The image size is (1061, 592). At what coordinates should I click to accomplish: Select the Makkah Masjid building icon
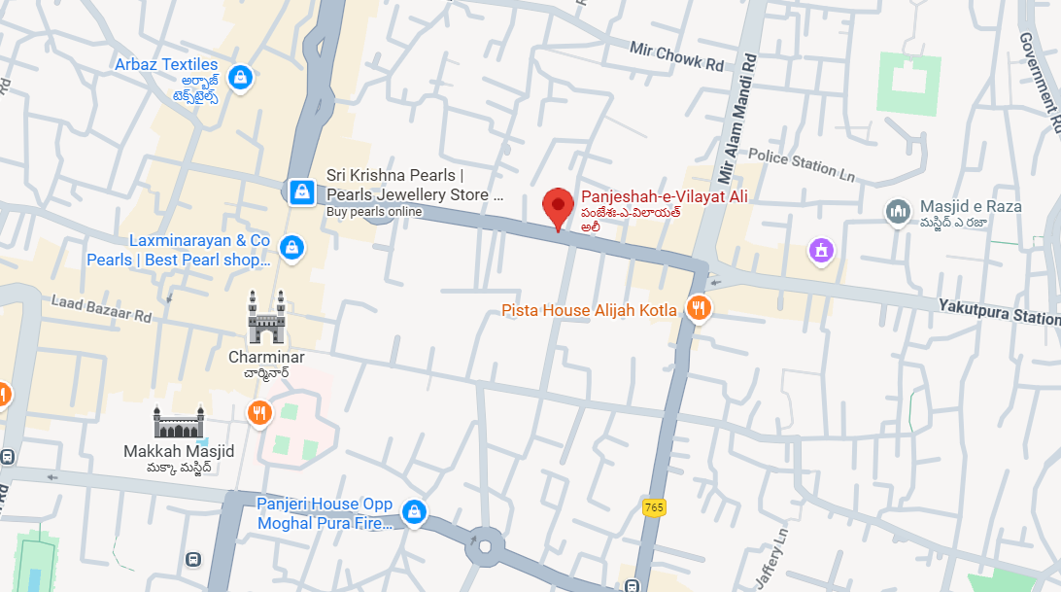(179, 422)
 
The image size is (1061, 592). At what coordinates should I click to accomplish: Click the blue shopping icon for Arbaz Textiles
(239, 77)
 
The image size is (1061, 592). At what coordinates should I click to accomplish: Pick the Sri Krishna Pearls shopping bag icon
(302, 191)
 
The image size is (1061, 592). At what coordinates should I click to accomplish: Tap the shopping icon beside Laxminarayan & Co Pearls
(291, 248)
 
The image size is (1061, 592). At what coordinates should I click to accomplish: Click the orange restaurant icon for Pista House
(698, 309)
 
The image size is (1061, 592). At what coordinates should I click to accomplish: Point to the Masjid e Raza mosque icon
(898, 211)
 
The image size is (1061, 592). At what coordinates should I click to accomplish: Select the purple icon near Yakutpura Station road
(822, 252)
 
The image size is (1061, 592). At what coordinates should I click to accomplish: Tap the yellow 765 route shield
(654, 506)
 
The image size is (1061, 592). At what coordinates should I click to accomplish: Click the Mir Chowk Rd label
(677, 56)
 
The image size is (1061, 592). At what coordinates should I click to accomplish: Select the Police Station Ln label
(802, 164)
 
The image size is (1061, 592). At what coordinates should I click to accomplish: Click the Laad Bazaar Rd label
(102, 309)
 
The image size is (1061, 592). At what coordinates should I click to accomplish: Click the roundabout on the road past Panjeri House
(484, 548)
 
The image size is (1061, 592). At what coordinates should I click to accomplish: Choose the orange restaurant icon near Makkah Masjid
(257, 413)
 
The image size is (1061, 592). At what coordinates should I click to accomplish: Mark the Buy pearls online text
(374, 212)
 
